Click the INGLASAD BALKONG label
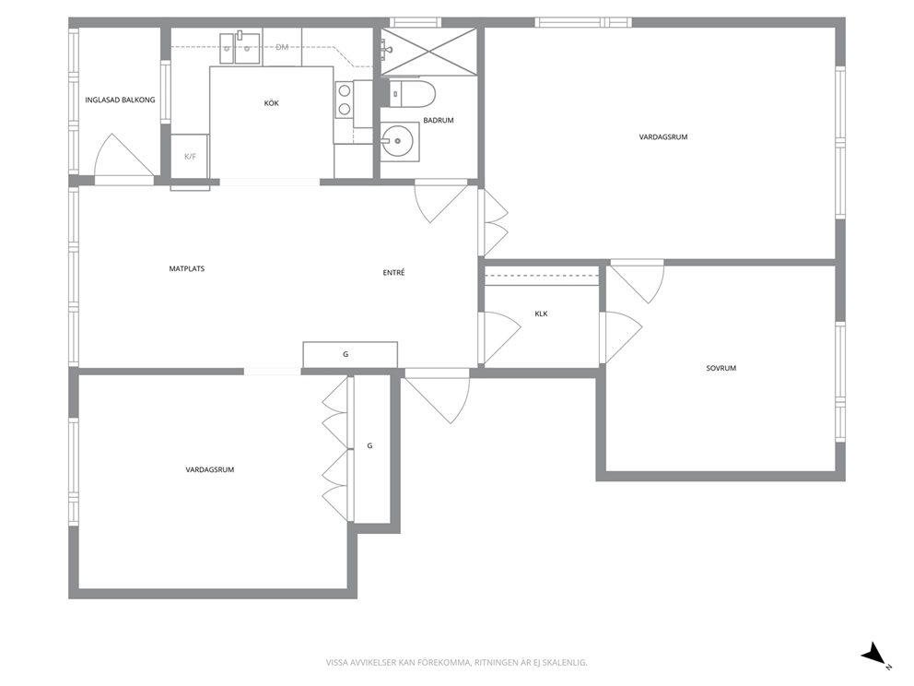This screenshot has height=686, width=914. [x=120, y=100]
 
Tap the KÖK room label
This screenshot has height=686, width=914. [x=272, y=103]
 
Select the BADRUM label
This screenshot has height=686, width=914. [x=439, y=120]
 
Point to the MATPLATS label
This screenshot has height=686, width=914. [x=186, y=269]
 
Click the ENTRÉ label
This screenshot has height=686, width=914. [x=393, y=272]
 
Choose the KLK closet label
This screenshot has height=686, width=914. [x=541, y=313]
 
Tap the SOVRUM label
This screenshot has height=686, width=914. [x=721, y=368]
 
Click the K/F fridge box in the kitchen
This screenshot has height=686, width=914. [x=190, y=157]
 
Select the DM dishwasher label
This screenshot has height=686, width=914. [x=282, y=47]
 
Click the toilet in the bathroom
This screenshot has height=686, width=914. [x=412, y=94]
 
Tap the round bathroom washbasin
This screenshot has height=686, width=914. [x=397, y=140]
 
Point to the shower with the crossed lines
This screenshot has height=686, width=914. [x=429, y=52]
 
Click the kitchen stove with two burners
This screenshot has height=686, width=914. [x=345, y=100]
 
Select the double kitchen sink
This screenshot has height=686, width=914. [x=240, y=48]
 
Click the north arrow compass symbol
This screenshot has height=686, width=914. [x=875, y=654]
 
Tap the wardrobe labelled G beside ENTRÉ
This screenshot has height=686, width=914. [x=350, y=354]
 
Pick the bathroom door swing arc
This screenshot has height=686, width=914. [x=440, y=204]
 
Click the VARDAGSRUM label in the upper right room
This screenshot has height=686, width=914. [x=663, y=137]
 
